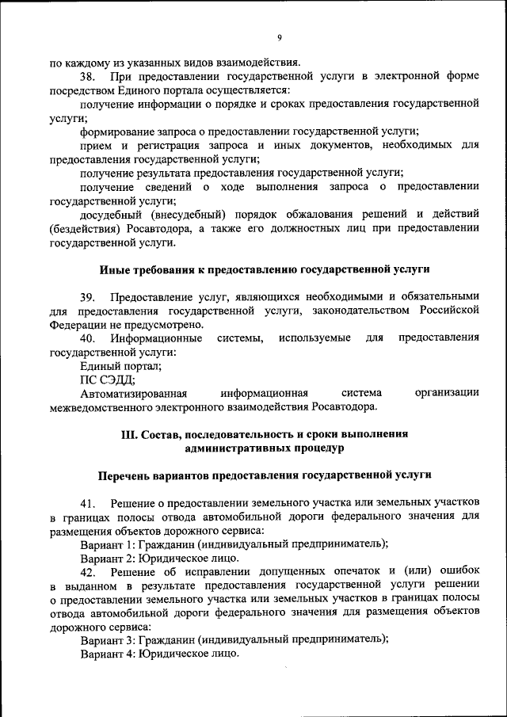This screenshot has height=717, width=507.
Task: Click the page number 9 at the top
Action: [280, 37]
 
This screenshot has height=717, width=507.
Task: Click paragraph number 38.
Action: [88, 76]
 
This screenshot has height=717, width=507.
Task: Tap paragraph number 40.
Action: [88, 338]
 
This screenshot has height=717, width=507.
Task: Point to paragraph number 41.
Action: [88, 503]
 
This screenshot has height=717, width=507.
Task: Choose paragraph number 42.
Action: [88, 572]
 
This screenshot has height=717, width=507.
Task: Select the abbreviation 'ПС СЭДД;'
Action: [108, 379]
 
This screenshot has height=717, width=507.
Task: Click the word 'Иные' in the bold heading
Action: [112, 269]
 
